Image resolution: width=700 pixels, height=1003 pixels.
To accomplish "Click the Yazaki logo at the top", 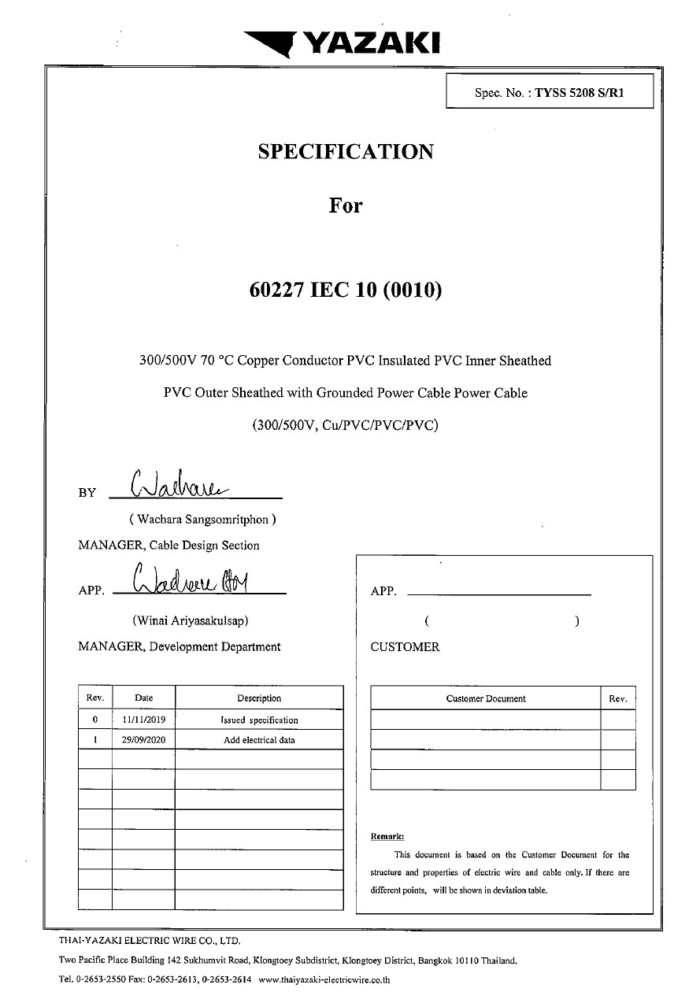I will tap(342, 43).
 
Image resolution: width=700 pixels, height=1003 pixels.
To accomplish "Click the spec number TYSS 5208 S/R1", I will tap(580, 92).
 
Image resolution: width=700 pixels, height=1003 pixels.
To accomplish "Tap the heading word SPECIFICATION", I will tap(346, 152).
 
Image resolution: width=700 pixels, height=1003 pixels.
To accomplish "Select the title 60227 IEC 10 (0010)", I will tap(346, 291).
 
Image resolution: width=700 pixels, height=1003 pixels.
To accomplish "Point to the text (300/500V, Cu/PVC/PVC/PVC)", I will tap(346, 425).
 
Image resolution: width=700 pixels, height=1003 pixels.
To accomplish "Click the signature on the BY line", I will tap(180, 482).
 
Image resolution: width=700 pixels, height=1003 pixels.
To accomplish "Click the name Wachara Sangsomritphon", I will tap(202, 520).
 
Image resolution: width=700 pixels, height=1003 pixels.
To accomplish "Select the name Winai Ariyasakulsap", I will tap(191, 620).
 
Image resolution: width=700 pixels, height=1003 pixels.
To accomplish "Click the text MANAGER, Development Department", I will tap(180, 646).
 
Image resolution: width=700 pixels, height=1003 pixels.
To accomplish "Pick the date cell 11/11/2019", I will tap(143, 720).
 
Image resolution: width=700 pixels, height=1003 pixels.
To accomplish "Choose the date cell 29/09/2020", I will tap(143, 740).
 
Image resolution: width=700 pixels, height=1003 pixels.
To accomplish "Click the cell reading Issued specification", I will tap(259, 720).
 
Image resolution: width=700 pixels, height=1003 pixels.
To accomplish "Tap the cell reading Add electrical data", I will tap(259, 740).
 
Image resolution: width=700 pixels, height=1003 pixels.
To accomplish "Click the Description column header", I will tap(259, 698).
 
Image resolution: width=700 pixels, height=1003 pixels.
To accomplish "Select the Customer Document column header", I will tap(486, 698).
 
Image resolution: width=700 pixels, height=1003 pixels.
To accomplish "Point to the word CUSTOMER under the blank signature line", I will tap(405, 647).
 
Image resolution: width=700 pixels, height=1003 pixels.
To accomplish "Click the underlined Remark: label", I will tap(387, 836).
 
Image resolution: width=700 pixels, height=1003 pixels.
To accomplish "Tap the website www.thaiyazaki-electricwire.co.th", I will tap(324, 980).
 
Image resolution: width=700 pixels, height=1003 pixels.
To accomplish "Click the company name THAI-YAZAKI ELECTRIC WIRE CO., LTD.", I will tap(149, 940).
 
